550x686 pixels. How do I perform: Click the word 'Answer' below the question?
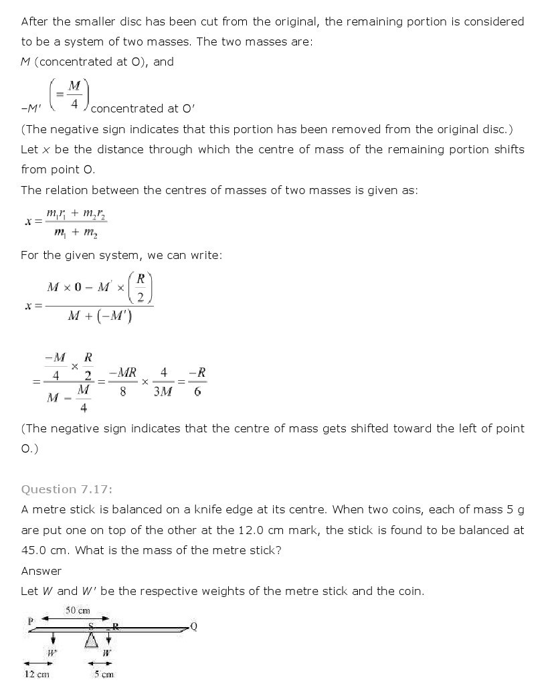coord(41,571)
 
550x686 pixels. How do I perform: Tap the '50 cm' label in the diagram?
coord(77,610)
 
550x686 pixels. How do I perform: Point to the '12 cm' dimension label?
coord(37,674)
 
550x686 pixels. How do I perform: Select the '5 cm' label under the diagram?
coord(104,674)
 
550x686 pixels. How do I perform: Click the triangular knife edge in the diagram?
coord(90,641)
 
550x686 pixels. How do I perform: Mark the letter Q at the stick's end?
coord(194,626)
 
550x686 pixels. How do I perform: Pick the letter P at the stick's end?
coord(31,621)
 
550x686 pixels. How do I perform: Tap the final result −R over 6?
coord(197,381)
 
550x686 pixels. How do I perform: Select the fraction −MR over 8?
coord(123,381)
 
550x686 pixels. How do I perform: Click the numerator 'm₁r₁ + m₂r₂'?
coord(77,215)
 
